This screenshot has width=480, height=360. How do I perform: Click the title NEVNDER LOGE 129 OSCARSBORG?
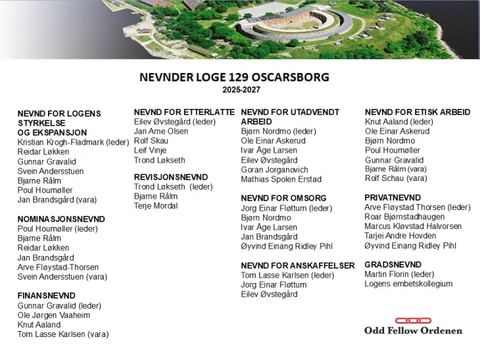[x=234, y=77]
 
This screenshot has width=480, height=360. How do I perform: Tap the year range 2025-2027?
[x=241, y=89]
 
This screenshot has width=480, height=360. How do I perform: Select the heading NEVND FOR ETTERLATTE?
[x=185, y=112]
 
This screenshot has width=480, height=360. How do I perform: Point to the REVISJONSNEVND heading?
[x=171, y=177]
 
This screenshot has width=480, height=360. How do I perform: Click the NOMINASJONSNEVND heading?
[x=61, y=219]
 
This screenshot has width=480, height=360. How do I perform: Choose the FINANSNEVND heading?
[x=46, y=296]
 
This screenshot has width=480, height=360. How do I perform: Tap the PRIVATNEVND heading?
[x=392, y=197]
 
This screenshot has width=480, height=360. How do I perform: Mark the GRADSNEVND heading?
[x=393, y=264]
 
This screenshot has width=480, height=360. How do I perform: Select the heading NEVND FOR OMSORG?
[x=283, y=199]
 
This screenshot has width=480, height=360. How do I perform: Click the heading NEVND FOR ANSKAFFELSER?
[x=297, y=265]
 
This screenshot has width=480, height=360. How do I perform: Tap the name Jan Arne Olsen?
[x=161, y=131]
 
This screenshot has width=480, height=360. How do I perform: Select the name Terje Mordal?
[x=155, y=205]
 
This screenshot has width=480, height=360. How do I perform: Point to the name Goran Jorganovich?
[x=274, y=170]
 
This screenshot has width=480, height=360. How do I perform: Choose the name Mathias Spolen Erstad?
[x=281, y=180]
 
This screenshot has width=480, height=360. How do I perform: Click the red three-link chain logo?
[x=413, y=320]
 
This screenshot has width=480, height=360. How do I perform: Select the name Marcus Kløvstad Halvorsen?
[x=413, y=226]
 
